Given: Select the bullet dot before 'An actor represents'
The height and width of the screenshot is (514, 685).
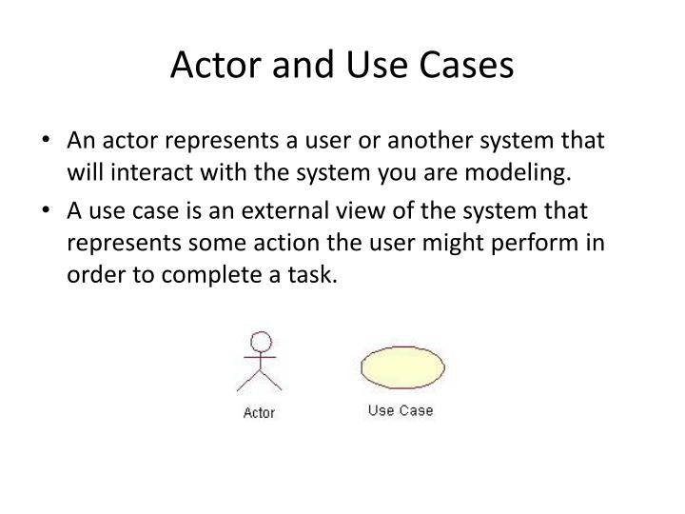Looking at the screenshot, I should point(48,142).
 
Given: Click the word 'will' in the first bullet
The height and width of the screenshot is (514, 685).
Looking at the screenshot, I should point(83,173).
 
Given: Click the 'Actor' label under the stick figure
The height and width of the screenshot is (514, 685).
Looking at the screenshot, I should point(259,413).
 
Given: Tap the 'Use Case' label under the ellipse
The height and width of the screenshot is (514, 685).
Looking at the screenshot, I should point(400,410).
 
